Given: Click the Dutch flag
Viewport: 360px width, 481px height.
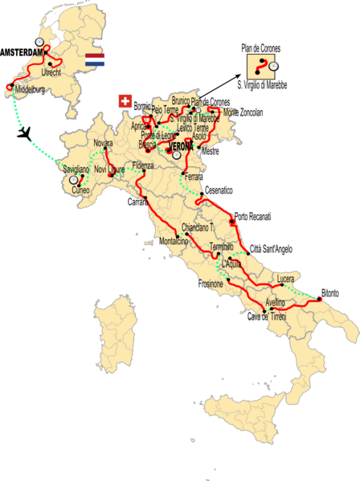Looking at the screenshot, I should pyautogui.click(x=95, y=59).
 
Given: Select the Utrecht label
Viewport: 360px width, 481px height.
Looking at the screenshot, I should pyautogui.click(x=66, y=73).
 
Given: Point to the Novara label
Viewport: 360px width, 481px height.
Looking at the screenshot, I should pyautogui.click(x=103, y=142).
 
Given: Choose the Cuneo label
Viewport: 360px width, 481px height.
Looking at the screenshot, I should pyautogui.click(x=80, y=191).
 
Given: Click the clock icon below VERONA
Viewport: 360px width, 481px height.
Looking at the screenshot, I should pyautogui.click(x=177, y=157).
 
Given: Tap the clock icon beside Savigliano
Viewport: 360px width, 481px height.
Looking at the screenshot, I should pyautogui.click(x=73, y=181).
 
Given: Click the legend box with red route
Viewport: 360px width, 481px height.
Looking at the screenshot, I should pyautogui.click(x=261, y=66).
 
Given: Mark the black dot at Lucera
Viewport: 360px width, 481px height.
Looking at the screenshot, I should pyautogui.click(x=276, y=284).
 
